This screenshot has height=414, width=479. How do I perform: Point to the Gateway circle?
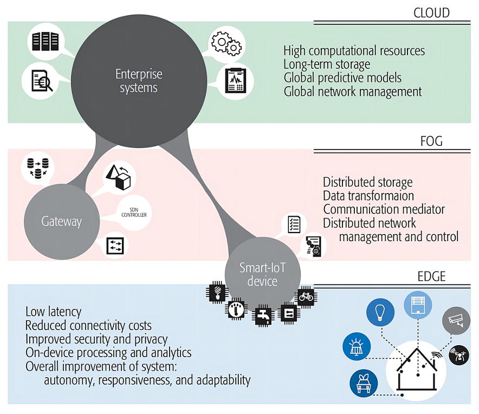[x=61, y=221]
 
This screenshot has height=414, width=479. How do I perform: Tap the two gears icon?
[x=225, y=43]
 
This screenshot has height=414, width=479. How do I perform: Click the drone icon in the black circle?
[x=458, y=355]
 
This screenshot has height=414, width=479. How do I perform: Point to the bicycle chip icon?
[x=306, y=296]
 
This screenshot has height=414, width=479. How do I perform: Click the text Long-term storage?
[x=327, y=64]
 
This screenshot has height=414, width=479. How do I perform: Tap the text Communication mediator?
[x=384, y=209]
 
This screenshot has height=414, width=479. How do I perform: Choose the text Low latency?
[x=53, y=312]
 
